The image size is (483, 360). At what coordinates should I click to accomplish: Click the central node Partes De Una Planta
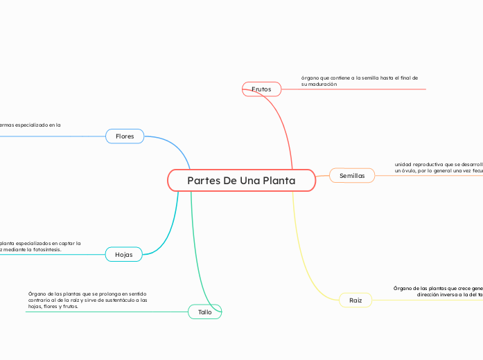click(241, 181)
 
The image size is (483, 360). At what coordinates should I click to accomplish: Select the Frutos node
click(261, 89)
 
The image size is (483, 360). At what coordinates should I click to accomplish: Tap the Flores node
click(125, 136)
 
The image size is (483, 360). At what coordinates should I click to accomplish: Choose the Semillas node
click(352, 176)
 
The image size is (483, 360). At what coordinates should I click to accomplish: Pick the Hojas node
click(124, 255)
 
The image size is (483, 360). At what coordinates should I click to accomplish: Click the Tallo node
click(205, 312)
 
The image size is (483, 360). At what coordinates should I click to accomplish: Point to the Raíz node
click(355, 300)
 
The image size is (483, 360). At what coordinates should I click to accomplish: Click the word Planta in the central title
click(277, 181)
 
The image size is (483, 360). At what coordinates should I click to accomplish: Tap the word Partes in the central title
click(204, 181)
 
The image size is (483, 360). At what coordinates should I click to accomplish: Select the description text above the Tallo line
click(87, 300)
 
